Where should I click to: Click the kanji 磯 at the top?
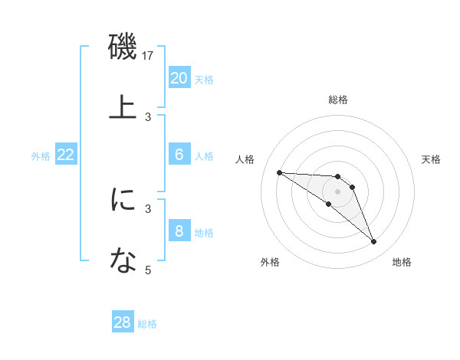click(x=123, y=47)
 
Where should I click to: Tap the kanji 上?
click(x=123, y=106)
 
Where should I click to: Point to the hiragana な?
click(x=123, y=260)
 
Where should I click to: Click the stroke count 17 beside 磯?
click(x=149, y=56)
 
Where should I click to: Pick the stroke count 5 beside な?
click(x=149, y=270)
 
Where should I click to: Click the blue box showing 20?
click(x=179, y=78)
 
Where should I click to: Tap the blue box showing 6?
click(x=179, y=155)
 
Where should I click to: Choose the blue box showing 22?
click(x=66, y=155)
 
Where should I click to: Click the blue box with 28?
click(x=123, y=322)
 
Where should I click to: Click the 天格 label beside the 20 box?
click(x=204, y=80)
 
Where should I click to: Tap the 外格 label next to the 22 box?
click(x=41, y=156)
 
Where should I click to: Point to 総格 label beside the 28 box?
click(x=147, y=324)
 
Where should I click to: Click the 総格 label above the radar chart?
click(x=337, y=100)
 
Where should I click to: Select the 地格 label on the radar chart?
click(x=402, y=262)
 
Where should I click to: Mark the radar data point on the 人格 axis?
click(x=279, y=172)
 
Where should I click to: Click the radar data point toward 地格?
click(x=373, y=242)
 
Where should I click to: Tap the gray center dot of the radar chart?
click(x=337, y=191)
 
